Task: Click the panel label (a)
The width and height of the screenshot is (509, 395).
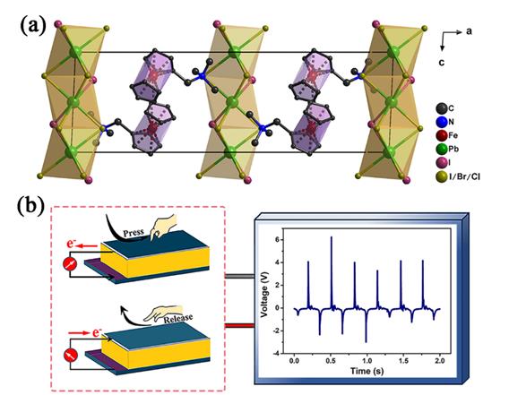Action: click(33, 25)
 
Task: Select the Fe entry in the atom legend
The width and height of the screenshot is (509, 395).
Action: click(447, 135)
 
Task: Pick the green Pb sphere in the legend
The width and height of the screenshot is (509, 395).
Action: click(441, 149)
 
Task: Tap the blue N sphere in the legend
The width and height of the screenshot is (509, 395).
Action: click(441, 122)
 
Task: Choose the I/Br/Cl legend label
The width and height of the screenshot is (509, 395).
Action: click(464, 176)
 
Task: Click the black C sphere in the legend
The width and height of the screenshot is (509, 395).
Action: click(441, 108)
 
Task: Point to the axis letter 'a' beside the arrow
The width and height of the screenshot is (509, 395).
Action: click(469, 32)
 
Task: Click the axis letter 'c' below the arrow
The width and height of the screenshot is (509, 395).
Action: click(442, 63)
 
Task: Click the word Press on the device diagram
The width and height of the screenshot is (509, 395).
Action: click(134, 232)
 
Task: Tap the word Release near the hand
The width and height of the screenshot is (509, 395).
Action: click(178, 318)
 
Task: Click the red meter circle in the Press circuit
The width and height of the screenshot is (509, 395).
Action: click(70, 265)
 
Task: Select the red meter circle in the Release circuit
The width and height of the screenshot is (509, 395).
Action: click(70, 356)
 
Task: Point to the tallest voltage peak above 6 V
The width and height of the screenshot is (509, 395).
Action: click(331, 237)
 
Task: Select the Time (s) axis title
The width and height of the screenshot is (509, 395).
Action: click(367, 371)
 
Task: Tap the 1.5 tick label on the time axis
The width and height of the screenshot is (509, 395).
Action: click(403, 361)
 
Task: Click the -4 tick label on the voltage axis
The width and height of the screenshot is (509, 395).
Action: click(277, 354)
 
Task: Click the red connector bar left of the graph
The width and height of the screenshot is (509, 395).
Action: click(239, 325)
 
